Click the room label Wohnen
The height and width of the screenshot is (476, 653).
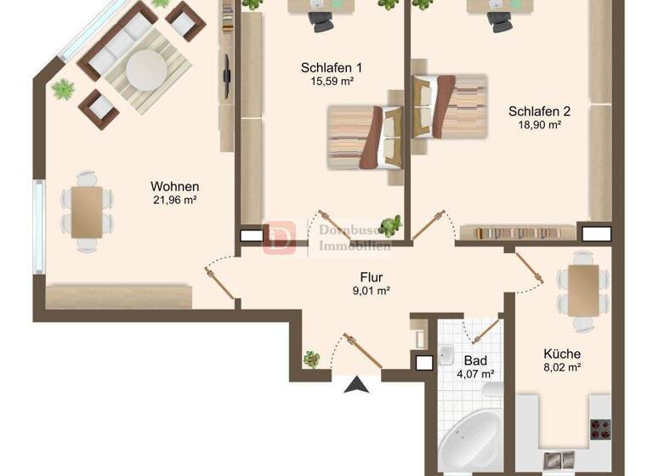click(x=175, y=186)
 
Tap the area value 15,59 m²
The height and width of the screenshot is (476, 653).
click(x=332, y=82)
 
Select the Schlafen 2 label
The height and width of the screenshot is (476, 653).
click(x=539, y=110)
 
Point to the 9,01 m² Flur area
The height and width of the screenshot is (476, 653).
click(x=371, y=291)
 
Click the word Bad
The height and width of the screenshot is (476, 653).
click(x=474, y=360)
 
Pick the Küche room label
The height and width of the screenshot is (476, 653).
click(x=562, y=354)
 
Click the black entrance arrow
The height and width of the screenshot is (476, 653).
click(x=358, y=386)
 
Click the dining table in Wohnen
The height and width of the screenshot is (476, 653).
click(x=86, y=212)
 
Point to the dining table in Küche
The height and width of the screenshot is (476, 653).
click(x=584, y=290)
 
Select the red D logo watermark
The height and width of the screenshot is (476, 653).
click(x=279, y=237)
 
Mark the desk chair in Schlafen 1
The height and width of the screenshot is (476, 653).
click(x=322, y=21)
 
